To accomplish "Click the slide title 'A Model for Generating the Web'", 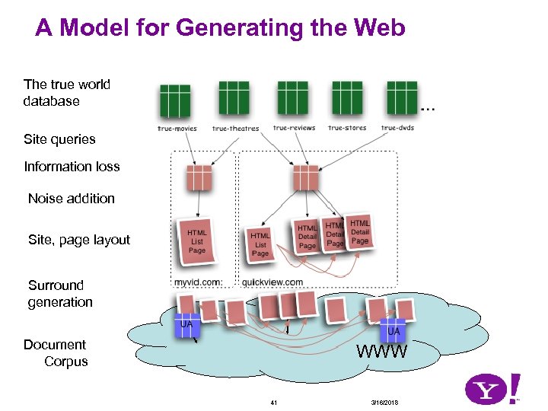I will (x=220, y=28).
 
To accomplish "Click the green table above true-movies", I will (x=174, y=100).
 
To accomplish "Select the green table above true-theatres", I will (x=234, y=97).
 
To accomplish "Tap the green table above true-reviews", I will (x=292, y=97).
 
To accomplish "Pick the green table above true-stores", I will (x=346, y=97).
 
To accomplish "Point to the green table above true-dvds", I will (x=401, y=97).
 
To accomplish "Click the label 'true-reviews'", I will (x=294, y=128).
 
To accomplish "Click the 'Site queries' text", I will (x=59, y=139).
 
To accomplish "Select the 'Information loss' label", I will (x=72, y=167).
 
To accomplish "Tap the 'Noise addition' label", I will (x=71, y=199).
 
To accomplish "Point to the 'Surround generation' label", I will (x=60, y=294).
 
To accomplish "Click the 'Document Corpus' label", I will (x=56, y=353).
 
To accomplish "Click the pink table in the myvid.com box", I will (x=198, y=178).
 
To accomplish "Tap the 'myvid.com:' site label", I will (x=198, y=282).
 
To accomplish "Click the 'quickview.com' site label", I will (x=272, y=282).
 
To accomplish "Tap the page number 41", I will (x=275, y=401).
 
